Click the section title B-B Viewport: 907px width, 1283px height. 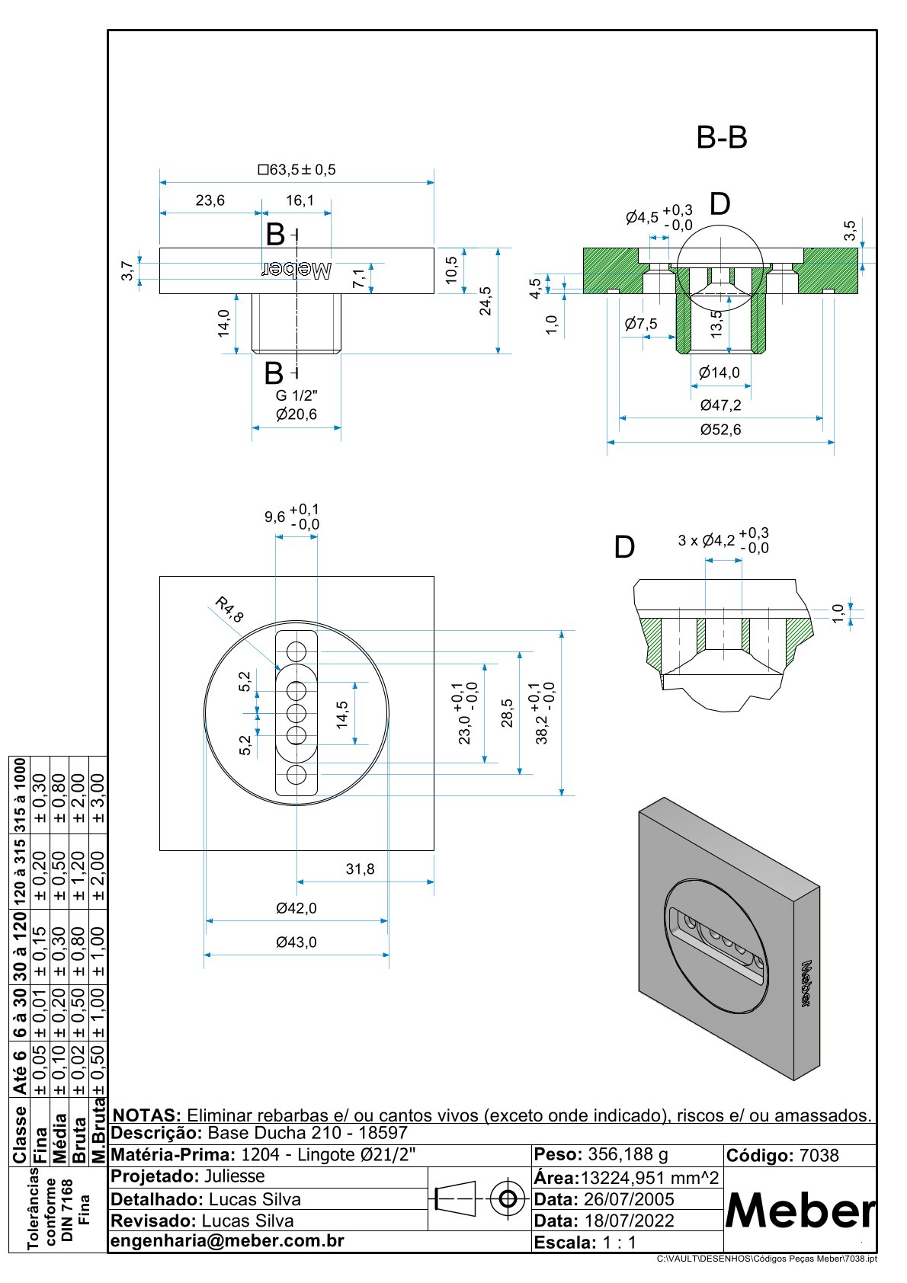pyautogui.click(x=722, y=138)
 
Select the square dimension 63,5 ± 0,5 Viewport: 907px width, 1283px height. pyautogui.click(x=297, y=169)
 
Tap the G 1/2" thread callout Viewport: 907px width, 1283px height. pyautogui.click(x=296, y=395)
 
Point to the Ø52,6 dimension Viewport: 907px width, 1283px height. pyautogui.click(x=720, y=430)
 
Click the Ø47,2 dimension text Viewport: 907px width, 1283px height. pyautogui.click(x=720, y=405)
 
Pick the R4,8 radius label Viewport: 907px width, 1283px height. pyautogui.click(x=229, y=610)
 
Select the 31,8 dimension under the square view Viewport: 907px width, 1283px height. pyautogui.click(x=360, y=869)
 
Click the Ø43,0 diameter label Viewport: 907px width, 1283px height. pyautogui.click(x=296, y=942)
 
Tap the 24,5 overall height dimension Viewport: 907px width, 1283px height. pyautogui.click(x=485, y=300)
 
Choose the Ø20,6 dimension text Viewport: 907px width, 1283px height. pyautogui.click(x=296, y=414)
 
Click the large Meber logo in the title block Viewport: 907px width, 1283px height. pyautogui.click(x=800, y=1211)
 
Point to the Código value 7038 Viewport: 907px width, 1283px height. pyautogui.click(x=819, y=1156)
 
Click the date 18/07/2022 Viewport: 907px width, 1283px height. pyautogui.click(x=629, y=1221)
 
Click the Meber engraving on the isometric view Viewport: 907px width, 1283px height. pyautogui.click(x=806, y=984)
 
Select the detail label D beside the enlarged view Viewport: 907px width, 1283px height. pyautogui.click(x=624, y=547)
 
